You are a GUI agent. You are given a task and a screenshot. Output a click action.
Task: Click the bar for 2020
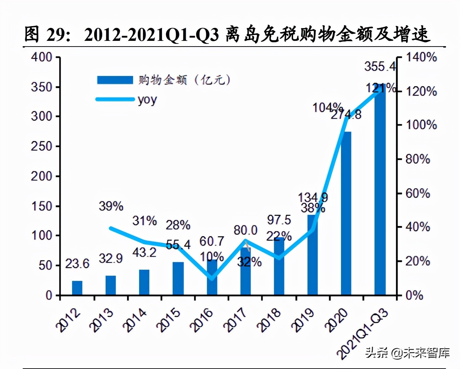pyautogui.click(x=346, y=213)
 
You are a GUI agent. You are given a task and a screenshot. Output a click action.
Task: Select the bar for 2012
pyautogui.click(x=77, y=288)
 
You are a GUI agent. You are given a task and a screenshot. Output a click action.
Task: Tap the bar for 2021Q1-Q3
pyautogui.click(x=380, y=191)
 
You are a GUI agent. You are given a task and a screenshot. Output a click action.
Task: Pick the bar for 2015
pyautogui.click(x=178, y=278)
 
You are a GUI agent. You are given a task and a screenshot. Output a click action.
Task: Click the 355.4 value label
pyautogui.click(x=380, y=66)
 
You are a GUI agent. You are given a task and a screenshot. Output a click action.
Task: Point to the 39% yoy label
pyautogui.click(x=111, y=206)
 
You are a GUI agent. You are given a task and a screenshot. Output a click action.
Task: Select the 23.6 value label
pyautogui.click(x=77, y=264)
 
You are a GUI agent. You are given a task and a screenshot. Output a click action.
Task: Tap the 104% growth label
pyautogui.click(x=327, y=107)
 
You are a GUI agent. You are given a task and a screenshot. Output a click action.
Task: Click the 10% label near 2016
pyautogui.click(x=212, y=257)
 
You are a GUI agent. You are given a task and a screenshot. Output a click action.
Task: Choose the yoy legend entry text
pyautogui.click(x=147, y=100)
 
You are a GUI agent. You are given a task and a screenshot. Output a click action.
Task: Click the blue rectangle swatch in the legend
pyautogui.click(x=115, y=80)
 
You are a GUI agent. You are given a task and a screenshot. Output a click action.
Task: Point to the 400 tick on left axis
pyautogui.click(x=42, y=57)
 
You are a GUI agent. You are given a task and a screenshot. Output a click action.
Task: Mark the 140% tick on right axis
pyautogui.click(x=421, y=57)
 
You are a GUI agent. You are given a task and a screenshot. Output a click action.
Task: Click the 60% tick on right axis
pyautogui.click(x=418, y=193)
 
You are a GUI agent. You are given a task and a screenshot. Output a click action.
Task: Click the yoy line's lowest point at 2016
pyautogui.click(x=212, y=278)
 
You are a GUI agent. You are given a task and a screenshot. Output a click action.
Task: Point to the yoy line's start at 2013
pyautogui.click(x=111, y=228)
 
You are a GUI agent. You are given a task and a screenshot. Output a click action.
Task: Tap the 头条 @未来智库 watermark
pyautogui.click(x=407, y=353)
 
